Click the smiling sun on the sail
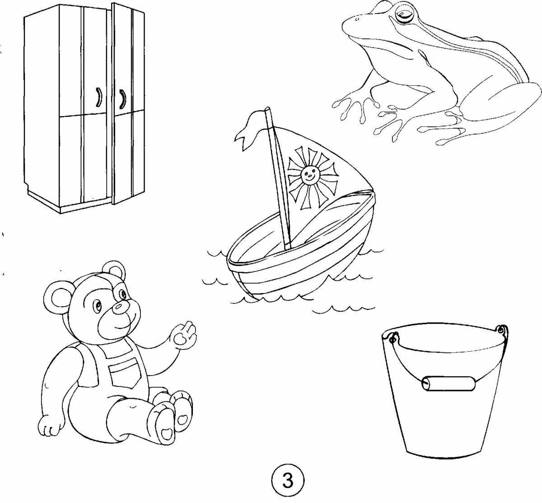(308, 173)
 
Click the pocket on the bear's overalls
(122, 373)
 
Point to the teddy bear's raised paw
(185, 334)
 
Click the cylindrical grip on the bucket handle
(449, 383)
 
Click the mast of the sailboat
(278, 176)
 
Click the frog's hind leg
(492, 104)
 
